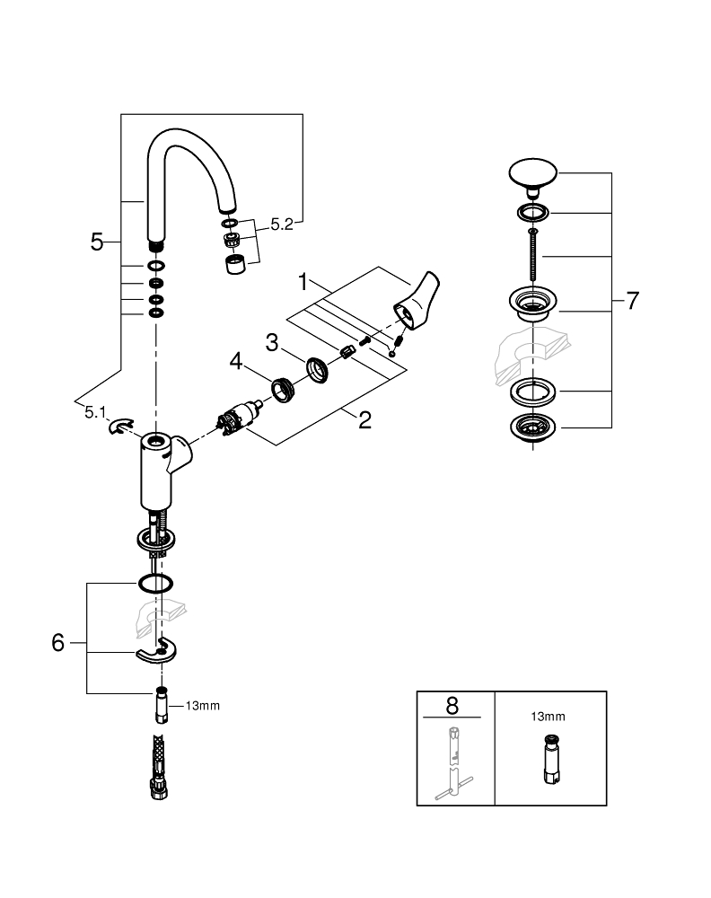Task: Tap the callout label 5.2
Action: coord(281,224)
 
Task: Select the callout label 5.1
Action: coord(94,412)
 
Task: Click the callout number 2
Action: coord(364,420)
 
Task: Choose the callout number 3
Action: coord(272,341)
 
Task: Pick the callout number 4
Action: coord(235,361)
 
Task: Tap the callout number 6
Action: coord(58,643)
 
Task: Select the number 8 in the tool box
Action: coord(455,705)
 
